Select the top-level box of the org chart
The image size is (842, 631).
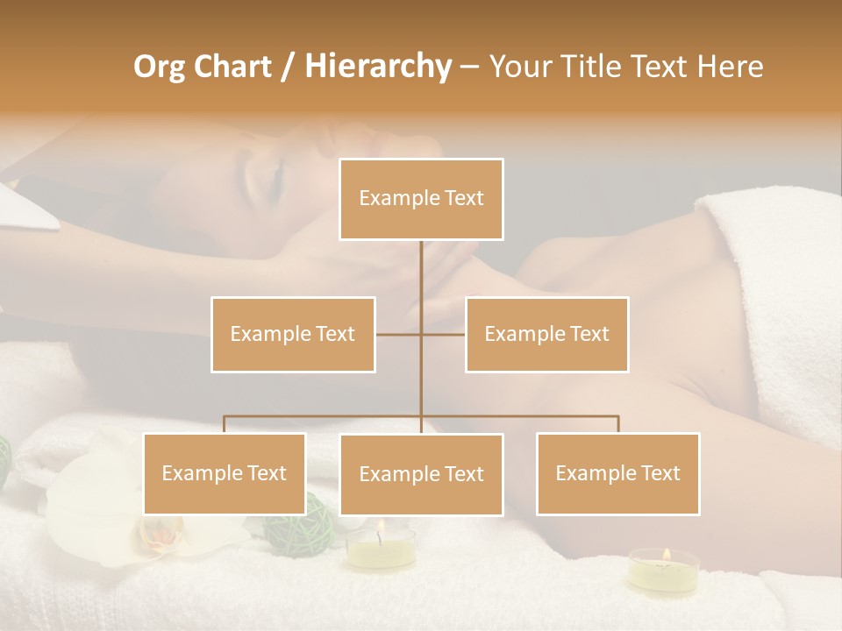point(421,199)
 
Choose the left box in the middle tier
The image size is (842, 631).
point(293,334)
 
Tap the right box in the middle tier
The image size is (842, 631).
point(546,334)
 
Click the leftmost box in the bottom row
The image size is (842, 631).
point(225,473)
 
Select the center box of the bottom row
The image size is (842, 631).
point(421,474)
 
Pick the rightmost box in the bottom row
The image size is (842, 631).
point(617,473)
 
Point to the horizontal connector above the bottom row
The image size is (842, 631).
point(526,416)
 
